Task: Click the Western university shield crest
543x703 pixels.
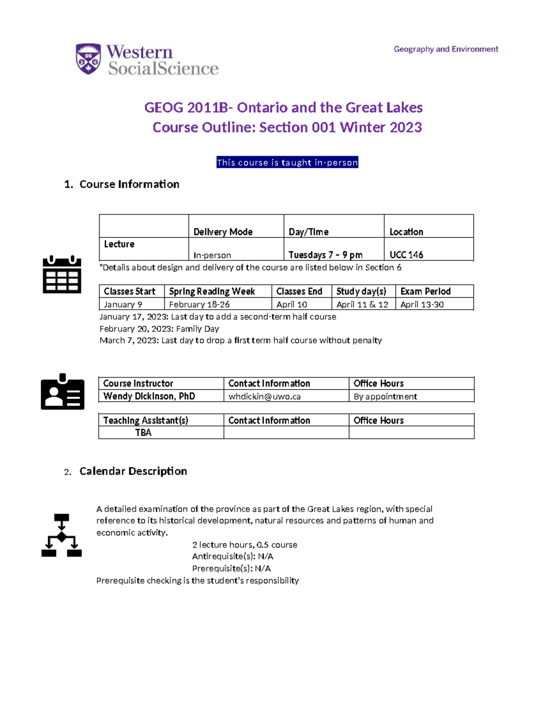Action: coord(88,59)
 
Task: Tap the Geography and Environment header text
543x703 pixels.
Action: coord(445,49)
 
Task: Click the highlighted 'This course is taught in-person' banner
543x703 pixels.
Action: coord(287,163)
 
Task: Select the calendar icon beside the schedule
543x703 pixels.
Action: coord(62,274)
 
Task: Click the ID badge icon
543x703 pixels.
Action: coord(62,392)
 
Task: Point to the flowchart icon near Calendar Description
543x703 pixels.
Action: coord(62,535)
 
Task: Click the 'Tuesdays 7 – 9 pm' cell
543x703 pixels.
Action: coord(325,255)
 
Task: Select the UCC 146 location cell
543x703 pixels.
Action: coord(406,255)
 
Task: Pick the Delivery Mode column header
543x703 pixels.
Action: coord(223,232)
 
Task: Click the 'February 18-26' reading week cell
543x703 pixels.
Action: coord(200,304)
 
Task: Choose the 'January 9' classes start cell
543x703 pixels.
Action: coord(123,304)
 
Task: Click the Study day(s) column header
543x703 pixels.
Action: coord(361,291)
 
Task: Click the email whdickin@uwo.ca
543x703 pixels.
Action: coord(264,397)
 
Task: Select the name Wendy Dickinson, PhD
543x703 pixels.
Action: coord(149,396)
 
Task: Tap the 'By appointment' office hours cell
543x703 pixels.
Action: coord(385,397)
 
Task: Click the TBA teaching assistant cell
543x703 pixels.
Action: coord(143,432)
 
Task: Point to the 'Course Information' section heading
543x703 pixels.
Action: coord(129,184)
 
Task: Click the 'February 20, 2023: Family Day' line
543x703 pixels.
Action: coord(159,329)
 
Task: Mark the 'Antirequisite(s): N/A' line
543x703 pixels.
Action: coord(233,556)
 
